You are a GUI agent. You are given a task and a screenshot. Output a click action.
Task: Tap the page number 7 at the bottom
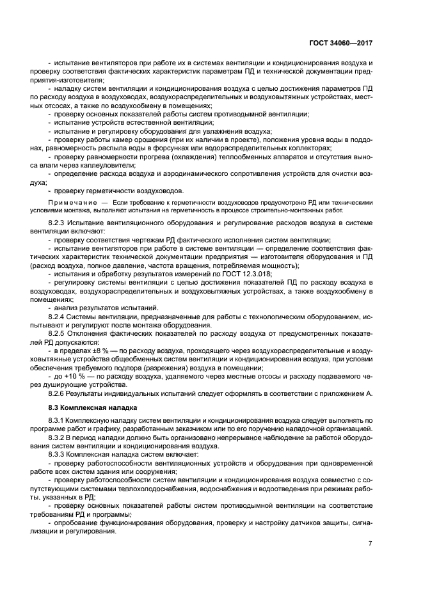(371, 543)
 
